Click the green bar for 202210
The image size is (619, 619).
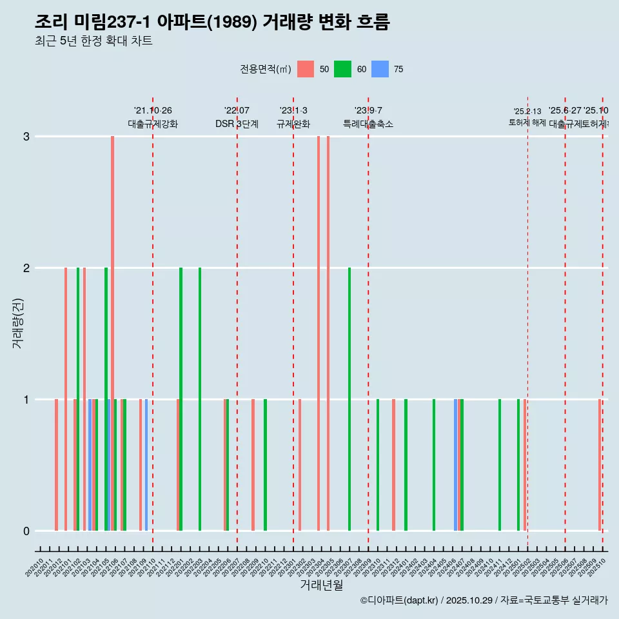(x=265, y=465)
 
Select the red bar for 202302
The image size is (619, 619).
(x=300, y=465)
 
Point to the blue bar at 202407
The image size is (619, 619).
(x=456, y=465)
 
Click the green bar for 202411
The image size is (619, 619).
(x=500, y=465)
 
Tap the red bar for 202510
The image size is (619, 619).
(x=600, y=465)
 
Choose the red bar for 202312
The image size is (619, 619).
(x=393, y=465)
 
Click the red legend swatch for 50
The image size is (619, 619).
(x=306, y=69)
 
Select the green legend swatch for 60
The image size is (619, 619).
(x=342, y=69)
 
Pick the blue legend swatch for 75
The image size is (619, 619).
(x=380, y=69)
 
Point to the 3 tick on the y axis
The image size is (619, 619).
(x=26, y=136)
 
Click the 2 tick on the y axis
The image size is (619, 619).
(x=26, y=268)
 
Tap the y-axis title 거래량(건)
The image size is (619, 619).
(x=17, y=322)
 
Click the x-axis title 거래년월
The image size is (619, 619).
(x=321, y=585)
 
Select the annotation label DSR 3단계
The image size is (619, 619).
(x=237, y=124)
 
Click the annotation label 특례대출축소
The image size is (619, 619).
(x=368, y=124)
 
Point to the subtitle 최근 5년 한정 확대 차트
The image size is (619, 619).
(x=93, y=41)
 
